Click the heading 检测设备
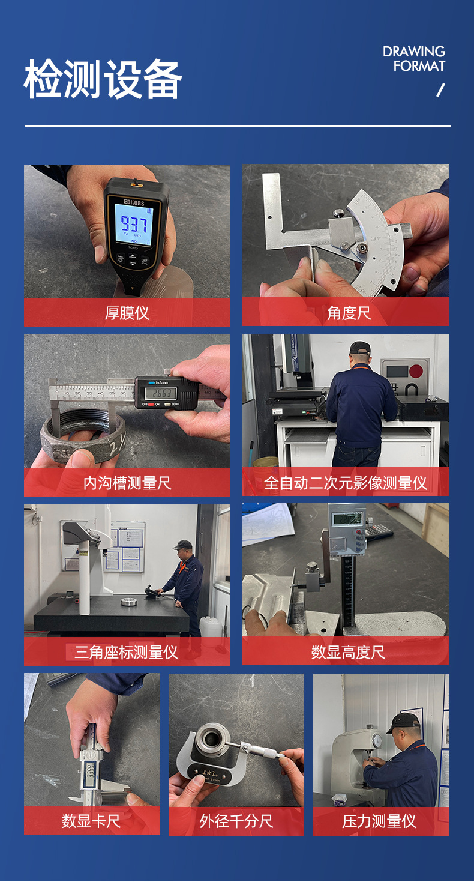coord(103,80)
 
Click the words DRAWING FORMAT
coord(414,59)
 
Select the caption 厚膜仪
coord(127,313)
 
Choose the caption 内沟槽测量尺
coord(127,483)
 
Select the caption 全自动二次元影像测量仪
coord(345,483)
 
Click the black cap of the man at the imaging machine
coord(360,348)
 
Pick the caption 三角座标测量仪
coord(127,652)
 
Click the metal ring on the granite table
coord(129,601)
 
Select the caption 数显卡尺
coord(91,821)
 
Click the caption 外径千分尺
coord(236,821)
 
